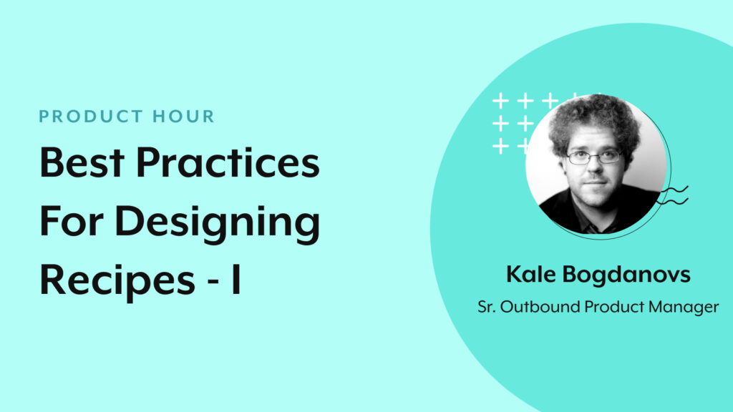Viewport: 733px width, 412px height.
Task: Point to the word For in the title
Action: click(69, 222)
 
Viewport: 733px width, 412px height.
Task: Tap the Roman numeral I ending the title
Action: click(236, 281)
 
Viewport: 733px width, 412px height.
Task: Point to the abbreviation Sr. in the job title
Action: click(487, 308)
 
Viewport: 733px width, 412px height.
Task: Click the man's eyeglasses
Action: click(593, 156)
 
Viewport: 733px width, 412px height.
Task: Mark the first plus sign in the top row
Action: click(500, 101)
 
